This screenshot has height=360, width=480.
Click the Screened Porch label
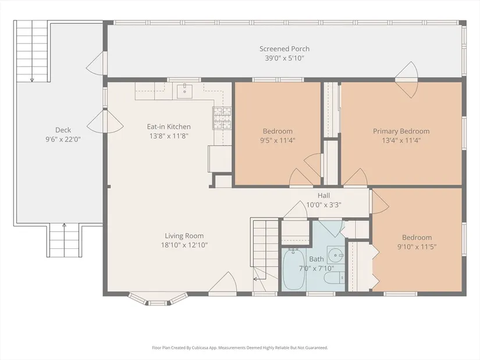285,49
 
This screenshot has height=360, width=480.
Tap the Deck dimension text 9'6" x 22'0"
63,139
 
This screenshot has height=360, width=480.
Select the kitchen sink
184,91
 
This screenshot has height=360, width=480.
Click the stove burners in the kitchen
222,118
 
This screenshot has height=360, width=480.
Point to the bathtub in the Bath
293,269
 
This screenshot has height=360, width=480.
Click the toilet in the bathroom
335,278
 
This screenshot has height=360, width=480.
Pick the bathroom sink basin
336,255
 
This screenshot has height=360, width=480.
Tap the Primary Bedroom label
401,131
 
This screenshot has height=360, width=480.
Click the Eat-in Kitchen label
169,126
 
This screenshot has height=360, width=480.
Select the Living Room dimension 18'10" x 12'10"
184,245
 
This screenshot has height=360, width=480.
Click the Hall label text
323,195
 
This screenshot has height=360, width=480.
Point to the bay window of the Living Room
158,299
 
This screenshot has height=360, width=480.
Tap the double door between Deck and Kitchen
105,121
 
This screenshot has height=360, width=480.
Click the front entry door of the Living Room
223,283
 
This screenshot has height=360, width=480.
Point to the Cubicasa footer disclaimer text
240,348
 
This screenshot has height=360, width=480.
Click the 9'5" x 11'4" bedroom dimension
278,141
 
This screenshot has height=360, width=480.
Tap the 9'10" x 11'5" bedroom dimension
417,247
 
